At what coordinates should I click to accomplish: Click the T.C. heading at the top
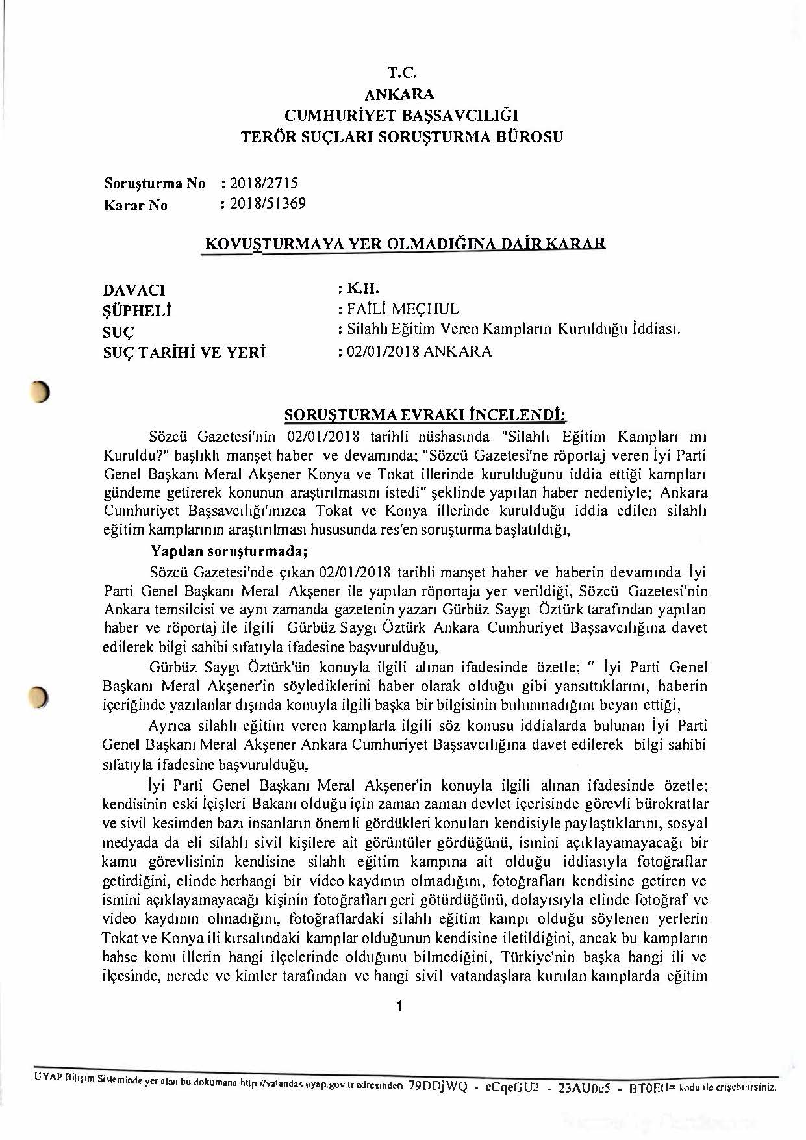(401, 73)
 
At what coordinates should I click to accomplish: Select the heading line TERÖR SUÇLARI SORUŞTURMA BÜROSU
(402, 137)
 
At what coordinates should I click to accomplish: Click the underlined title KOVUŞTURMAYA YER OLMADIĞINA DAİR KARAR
(405, 244)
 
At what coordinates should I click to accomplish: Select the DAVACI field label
(134, 290)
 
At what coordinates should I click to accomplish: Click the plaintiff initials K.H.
(363, 288)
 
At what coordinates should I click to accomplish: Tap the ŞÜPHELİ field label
(137, 311)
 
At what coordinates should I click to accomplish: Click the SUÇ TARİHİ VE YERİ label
(184, 353)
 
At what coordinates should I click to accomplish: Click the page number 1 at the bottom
(399, 1007)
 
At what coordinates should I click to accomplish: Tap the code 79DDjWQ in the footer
(438, 1086)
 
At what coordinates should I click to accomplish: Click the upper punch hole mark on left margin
(42, 392)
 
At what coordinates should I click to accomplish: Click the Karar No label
(136, 206)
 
